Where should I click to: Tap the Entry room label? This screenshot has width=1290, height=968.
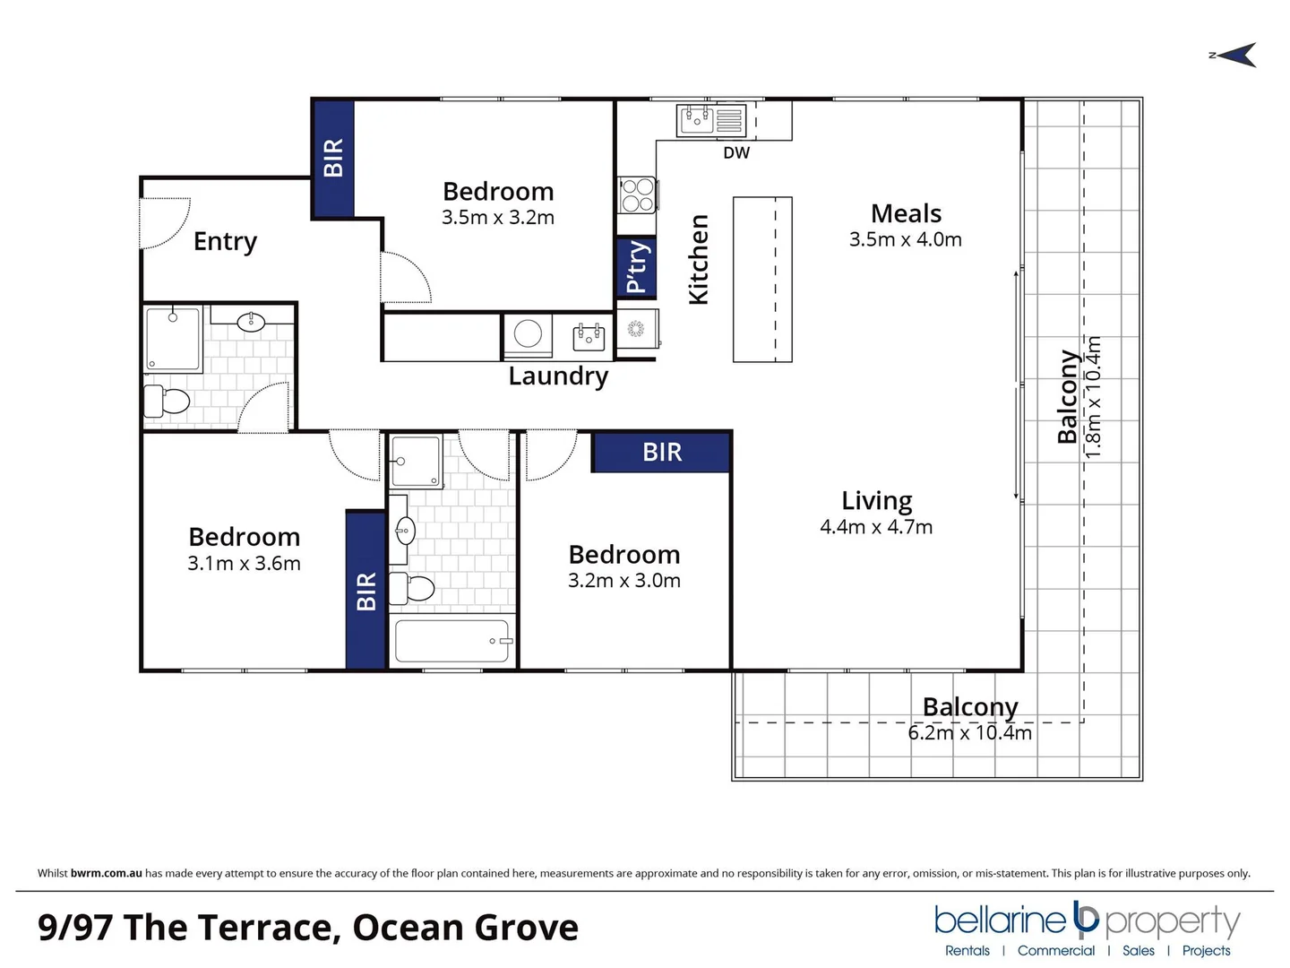(225, 242)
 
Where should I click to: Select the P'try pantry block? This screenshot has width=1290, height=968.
(636, 267)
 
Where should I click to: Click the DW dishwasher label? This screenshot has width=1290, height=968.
(736, 153)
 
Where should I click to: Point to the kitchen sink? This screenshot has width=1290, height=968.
(697, 119)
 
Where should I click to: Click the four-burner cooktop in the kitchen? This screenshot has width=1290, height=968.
(637, 194)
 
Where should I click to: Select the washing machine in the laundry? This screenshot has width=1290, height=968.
(528, 334)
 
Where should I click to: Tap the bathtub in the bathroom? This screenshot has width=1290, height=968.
(453, 641)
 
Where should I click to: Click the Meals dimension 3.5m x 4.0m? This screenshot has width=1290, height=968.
(905, 240)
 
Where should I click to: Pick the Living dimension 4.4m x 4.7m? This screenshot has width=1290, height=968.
(875, 527)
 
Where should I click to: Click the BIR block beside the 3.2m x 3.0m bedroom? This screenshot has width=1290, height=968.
(661, 452)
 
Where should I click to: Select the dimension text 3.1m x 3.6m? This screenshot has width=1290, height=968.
(244, 564)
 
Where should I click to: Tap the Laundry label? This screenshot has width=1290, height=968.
(558, 376)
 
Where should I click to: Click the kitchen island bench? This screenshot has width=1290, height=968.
(762, 280)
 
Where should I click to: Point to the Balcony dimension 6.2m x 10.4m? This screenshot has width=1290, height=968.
(969, 733)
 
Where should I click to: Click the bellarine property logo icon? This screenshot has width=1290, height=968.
(1086, 918)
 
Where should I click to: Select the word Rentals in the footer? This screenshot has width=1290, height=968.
(967, 951)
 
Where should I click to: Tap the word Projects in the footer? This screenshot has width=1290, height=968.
(1206, 951)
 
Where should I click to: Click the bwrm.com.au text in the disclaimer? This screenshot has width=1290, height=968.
(106, 873)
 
